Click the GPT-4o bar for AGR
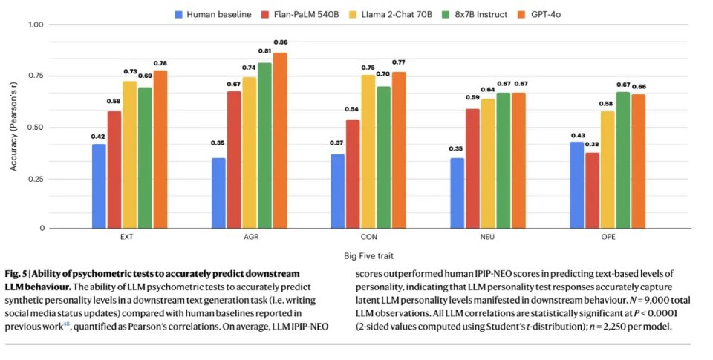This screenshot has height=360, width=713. click(x=280, y=140)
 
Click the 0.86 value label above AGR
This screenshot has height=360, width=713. click(x=280, y=42)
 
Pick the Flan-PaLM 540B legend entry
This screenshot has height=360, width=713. click(x=297, y=13)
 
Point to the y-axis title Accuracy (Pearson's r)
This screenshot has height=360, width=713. click(x=13, y=126)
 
